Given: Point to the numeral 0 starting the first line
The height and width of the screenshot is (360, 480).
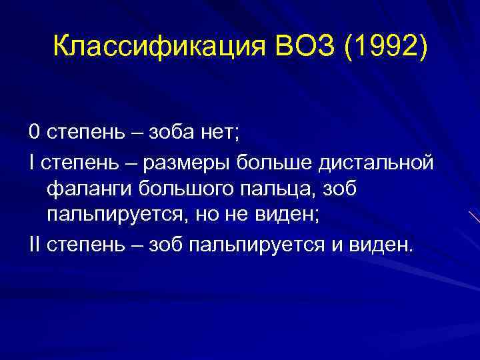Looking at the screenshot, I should tap(34, 132).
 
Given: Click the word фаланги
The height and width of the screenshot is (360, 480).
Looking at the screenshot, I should tap(89, 189).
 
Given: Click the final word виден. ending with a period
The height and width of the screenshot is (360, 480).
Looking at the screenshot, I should tap(377, 246).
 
